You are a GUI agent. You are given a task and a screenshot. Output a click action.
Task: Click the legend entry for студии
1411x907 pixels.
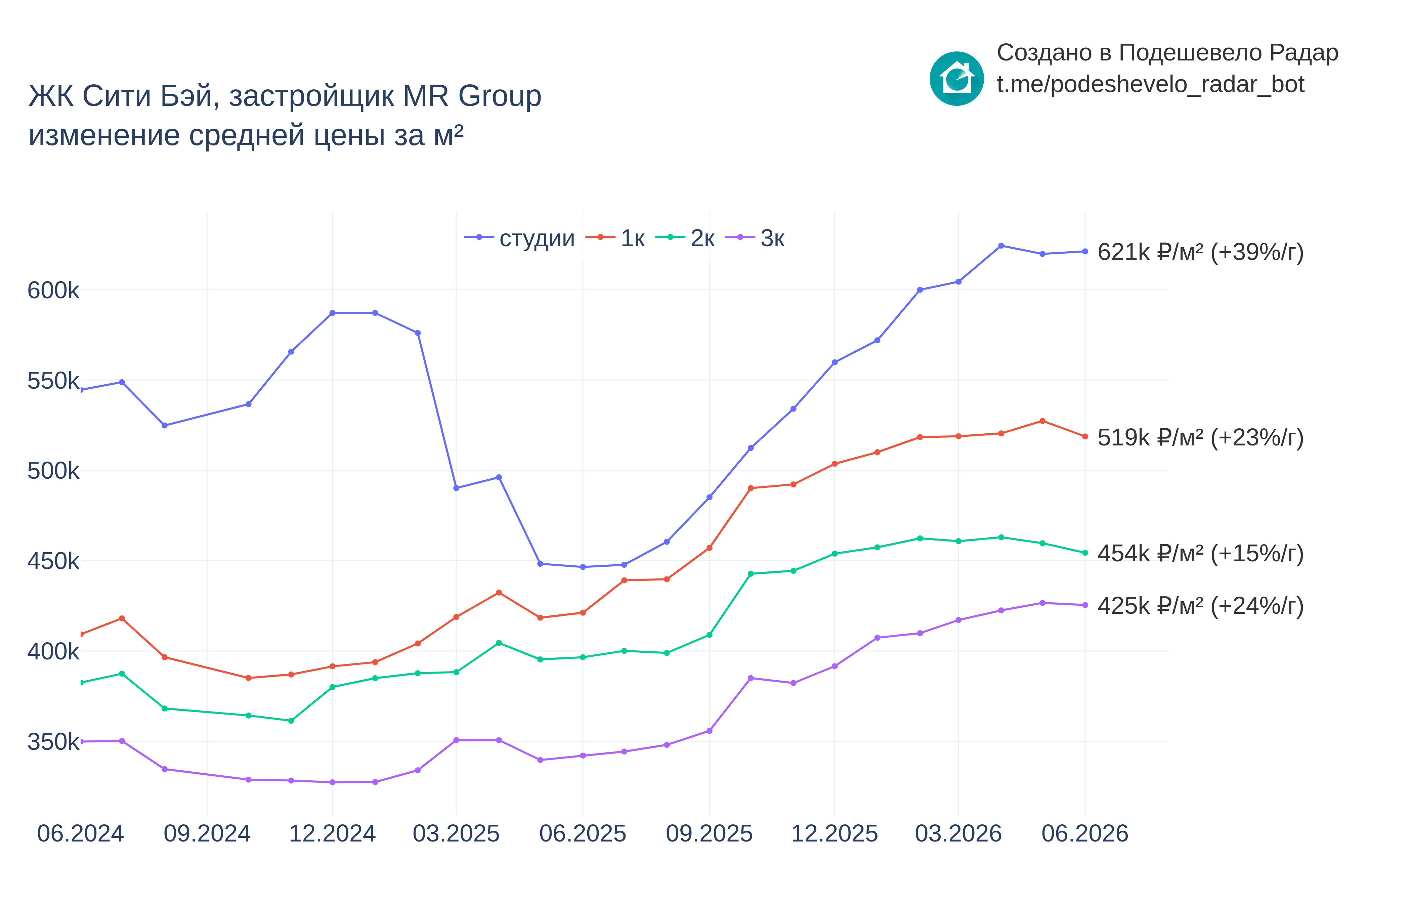519,238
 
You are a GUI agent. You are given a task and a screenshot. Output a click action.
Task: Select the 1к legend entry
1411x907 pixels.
615,238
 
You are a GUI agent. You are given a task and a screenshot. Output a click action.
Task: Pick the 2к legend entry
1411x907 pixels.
685,238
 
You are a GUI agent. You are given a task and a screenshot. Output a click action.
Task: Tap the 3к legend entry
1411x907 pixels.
755,238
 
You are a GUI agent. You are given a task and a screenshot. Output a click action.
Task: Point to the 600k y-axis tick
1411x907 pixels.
53,290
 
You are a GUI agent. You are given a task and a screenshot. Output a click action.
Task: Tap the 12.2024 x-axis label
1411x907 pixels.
332,834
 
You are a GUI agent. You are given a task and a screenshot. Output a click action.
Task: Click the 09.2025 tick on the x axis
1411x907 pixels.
709,834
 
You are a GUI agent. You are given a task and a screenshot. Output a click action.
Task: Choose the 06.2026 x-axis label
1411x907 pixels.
1085,834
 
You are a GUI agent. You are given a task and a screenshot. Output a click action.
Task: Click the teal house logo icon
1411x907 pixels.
956,78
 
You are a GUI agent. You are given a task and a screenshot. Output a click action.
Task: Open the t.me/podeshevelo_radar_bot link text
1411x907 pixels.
1151,84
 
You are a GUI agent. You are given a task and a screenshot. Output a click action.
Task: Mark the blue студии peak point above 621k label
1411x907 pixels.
1001,246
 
